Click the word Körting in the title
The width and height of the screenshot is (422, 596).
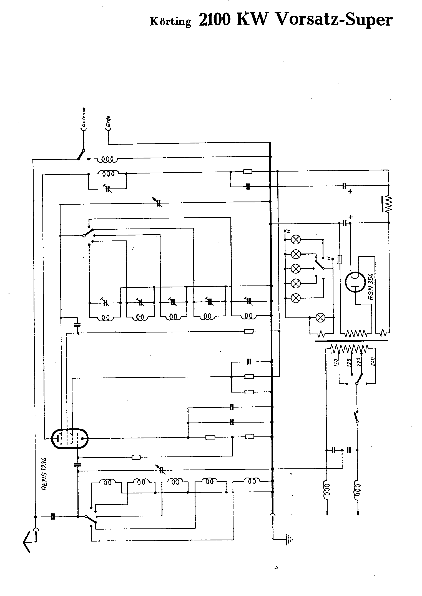pyautogui.click(x=170, y=21)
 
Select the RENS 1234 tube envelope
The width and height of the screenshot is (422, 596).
pyautogui.click(x=70, y=438)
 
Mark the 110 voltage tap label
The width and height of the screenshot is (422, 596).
pyautogui.click(x=336, y=362)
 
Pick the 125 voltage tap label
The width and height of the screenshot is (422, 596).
pyautogui.click(x=350, y=362)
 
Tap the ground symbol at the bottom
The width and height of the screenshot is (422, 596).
pyautogui.click(x=289, y=539)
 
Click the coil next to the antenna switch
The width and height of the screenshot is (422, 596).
pyautogui.click(x=107, y=160)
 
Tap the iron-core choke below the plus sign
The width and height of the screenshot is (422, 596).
pyautogui.click(x=388, y=204)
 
